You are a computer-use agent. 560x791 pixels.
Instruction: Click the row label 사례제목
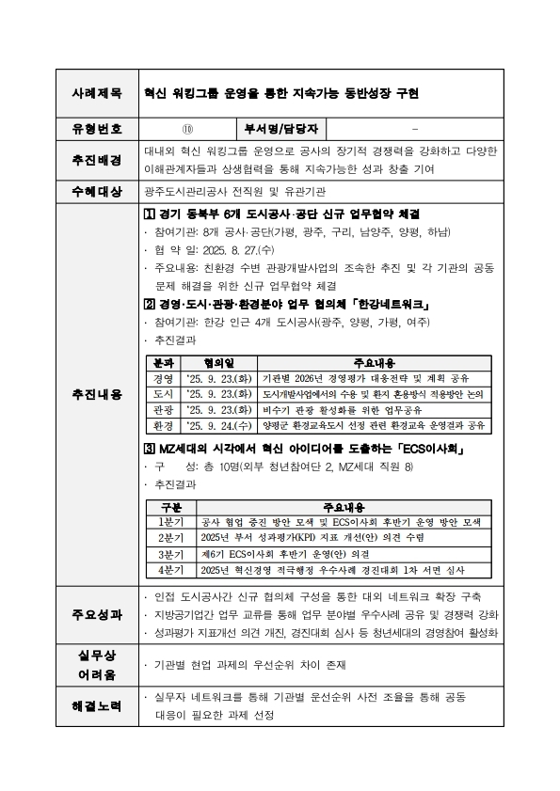click(x=97, y=94)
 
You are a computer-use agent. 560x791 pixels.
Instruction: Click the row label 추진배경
click(x=97, y=160)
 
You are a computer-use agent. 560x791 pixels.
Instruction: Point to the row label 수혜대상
click(x=97, y=192)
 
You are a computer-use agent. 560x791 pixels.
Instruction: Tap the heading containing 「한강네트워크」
click(x=286, y=305)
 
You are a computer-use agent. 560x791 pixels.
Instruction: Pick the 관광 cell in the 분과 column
click(x=163, y=409)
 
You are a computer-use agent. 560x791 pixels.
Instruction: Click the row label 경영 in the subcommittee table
click(x=163, y=378)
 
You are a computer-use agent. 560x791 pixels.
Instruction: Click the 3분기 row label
click(x=170, y=554)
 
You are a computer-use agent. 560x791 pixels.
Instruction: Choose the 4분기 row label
click(x=170, y=570)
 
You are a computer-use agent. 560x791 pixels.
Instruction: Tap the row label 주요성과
click(x=97, y=614)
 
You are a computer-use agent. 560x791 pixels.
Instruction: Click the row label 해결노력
click(x=97, y=704)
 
